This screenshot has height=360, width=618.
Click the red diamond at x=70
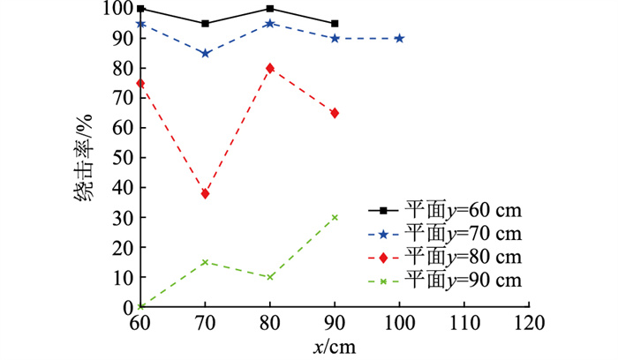206,193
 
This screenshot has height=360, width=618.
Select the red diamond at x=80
270,68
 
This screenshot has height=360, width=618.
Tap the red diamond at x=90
335,113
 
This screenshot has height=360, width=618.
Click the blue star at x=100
399,38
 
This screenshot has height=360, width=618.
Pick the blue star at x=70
206,53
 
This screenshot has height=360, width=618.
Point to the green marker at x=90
335,217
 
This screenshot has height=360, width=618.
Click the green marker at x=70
206,262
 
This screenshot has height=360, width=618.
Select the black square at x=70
206,23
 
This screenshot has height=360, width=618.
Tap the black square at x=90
335,23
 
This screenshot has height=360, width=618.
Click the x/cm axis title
335,347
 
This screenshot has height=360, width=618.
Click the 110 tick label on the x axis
463,323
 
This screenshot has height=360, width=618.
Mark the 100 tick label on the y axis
117,9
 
